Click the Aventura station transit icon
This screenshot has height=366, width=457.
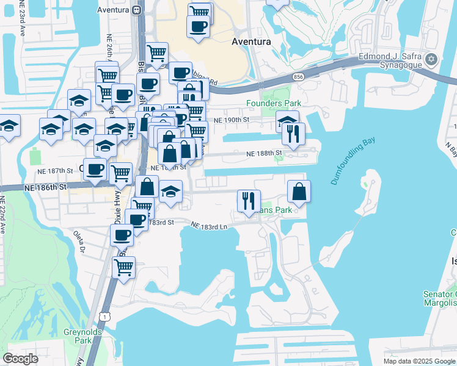point(137,10)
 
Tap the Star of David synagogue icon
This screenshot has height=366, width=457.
point(432,59)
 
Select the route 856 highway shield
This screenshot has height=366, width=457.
point(298,77)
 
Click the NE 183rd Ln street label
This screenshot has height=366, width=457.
point(209,226)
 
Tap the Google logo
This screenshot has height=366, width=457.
point(21,358)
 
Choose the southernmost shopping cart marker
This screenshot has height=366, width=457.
point(124,267)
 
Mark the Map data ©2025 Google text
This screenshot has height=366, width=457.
point(419,361)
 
